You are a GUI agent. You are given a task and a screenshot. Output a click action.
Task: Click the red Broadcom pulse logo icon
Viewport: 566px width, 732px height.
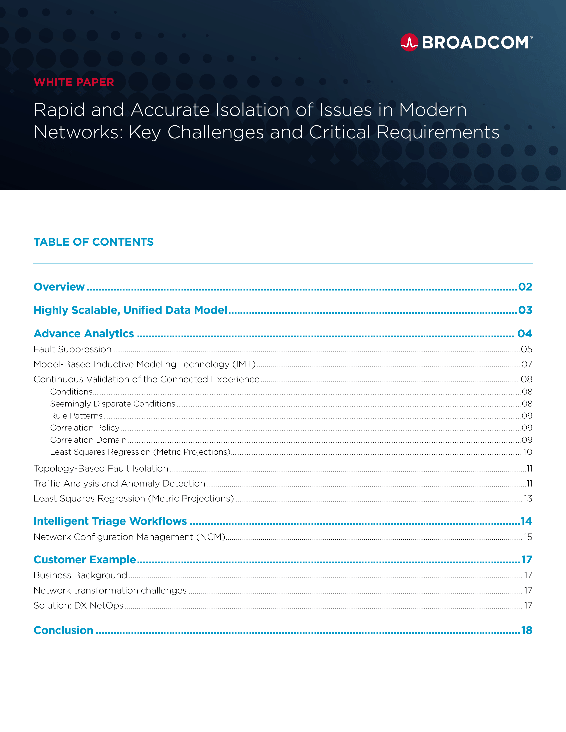point(409,43)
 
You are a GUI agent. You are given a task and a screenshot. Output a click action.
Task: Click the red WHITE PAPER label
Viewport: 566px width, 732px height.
point(74,82)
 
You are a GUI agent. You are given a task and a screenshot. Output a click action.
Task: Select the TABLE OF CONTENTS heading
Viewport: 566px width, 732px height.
point(94,242)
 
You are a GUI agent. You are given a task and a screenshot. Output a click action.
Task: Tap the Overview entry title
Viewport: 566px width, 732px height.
point(59,287)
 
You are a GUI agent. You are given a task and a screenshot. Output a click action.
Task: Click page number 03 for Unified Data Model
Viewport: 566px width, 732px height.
point(525,310)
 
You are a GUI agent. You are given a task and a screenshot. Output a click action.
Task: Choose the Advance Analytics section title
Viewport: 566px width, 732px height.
point(84,333)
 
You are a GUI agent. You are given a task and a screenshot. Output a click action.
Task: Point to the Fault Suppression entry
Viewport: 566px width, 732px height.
point(73,349)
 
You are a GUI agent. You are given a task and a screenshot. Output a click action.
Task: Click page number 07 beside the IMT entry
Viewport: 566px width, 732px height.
point(527,364)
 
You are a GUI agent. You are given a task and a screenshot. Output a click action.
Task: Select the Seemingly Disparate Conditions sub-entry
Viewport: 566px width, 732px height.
point(113,404)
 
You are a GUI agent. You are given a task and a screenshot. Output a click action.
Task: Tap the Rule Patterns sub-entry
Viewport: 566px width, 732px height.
point(77,416)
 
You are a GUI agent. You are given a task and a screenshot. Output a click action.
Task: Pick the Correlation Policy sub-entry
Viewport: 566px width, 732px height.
point(85,428)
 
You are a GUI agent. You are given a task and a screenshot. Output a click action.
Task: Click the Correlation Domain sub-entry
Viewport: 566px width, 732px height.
point(88,440)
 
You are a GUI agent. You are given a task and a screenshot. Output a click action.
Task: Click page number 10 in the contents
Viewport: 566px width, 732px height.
point(528,452)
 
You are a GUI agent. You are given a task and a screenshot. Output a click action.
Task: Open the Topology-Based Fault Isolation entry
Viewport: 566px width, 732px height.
point(101,468)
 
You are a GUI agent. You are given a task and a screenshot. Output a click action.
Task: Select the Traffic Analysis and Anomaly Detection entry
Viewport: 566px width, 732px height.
point(120,483)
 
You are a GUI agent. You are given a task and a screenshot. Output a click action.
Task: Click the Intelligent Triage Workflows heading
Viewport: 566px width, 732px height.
point(110,521)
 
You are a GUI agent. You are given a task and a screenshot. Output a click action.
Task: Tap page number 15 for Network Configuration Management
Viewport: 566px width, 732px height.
point(528,537)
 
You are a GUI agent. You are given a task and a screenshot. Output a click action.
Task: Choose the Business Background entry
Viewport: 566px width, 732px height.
point(81,575)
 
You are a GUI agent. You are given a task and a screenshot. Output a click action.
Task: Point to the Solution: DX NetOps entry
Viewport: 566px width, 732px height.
point(79,605)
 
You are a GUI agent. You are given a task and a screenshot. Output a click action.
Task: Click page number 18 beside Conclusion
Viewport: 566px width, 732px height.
point(527,630)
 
